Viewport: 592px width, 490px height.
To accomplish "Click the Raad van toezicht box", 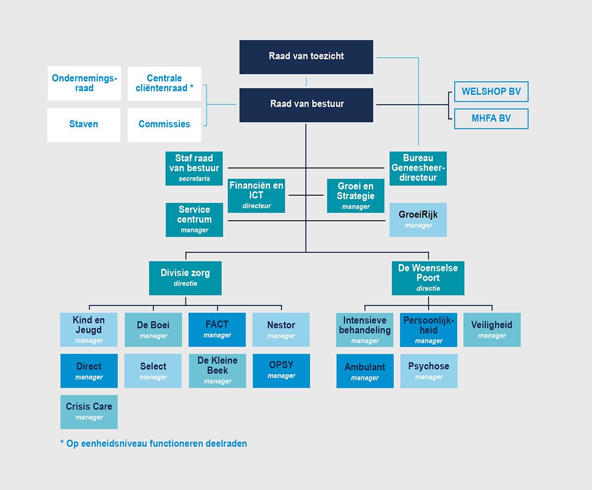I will pos(306,57).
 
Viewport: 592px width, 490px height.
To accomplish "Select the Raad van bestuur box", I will pos(306,105).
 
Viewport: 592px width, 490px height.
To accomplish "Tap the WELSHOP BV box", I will pos(491,92).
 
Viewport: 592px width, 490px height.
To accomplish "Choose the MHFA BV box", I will pos(491,118).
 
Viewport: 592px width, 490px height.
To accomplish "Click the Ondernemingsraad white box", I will pos(84,83).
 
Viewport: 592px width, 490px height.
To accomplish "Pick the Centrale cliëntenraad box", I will pos(164,83).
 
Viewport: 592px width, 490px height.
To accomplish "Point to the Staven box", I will pos(84,124).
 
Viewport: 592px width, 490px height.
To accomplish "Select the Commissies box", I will pos(164,124).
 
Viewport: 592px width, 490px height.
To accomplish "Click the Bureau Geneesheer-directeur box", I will pos(418,168).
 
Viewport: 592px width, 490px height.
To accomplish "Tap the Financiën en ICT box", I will pos(257,195).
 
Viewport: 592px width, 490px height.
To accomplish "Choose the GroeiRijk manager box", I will pos(418,220).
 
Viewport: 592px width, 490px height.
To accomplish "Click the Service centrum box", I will pos(194,220).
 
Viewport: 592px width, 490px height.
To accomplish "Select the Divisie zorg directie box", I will pos(185,278).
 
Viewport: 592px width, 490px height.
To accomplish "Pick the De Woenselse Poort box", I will pos(428,278).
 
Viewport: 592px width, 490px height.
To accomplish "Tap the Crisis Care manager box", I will pos(89,412).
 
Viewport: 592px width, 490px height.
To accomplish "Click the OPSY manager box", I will pos(281,371).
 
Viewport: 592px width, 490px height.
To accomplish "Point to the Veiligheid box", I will pos(492,329).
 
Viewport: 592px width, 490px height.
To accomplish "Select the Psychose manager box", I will pos(428,371).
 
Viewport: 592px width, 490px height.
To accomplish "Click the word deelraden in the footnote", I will pos(226,444).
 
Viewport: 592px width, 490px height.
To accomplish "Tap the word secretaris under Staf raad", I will pos(194,179).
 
